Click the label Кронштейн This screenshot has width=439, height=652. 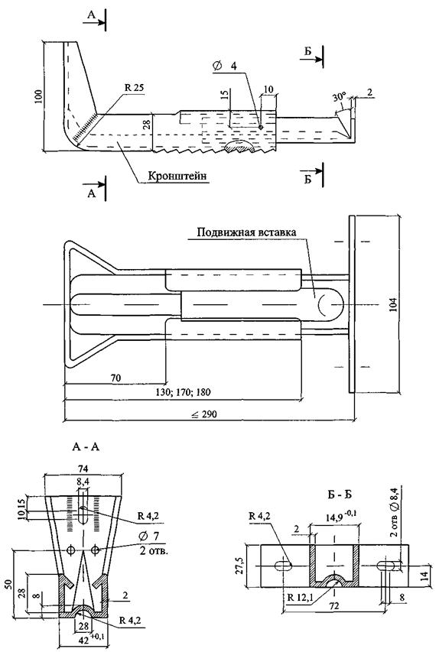[x=177, y=176]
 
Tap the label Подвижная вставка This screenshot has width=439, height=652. [x=247, y=232]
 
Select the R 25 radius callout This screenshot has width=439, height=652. [x=134, y=88]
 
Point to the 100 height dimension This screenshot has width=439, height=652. [x=38, y=96]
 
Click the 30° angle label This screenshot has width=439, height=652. [x=339, y=97]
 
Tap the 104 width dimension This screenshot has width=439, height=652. [x=394, y=305]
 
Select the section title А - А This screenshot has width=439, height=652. [x=86, y=447]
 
